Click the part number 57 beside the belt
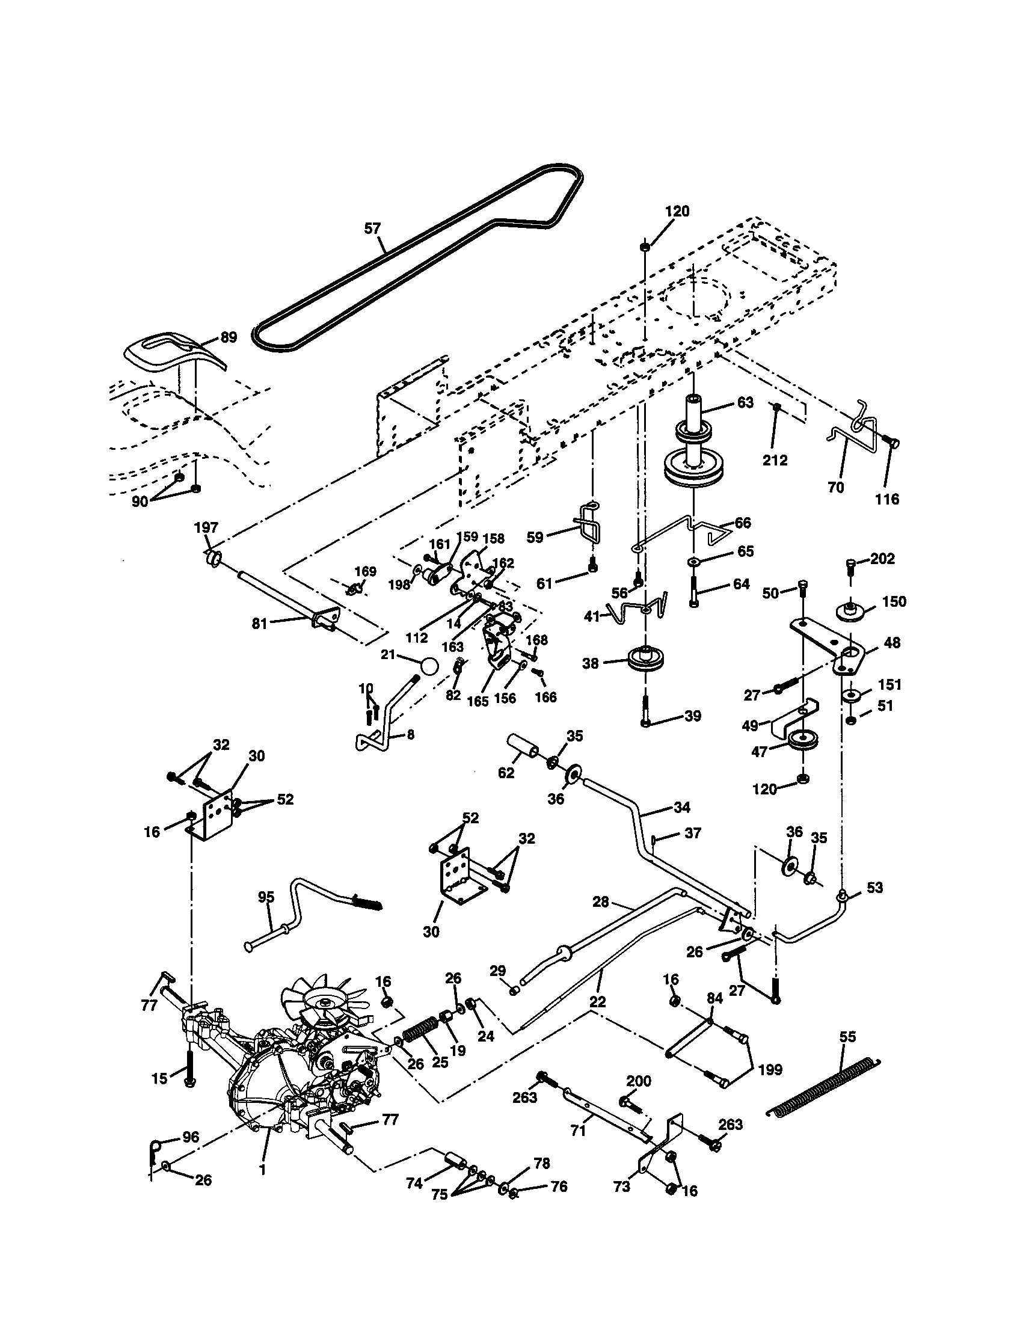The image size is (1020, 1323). pos(372,229)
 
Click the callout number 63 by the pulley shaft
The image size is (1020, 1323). pos(745,402)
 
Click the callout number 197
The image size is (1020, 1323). pos(206,527)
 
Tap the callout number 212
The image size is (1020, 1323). pos(775,461)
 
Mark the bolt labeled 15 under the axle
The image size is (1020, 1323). pos(189,1067)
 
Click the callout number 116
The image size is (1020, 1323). pos(887,499)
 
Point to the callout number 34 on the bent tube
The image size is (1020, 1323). pos(681,807)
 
